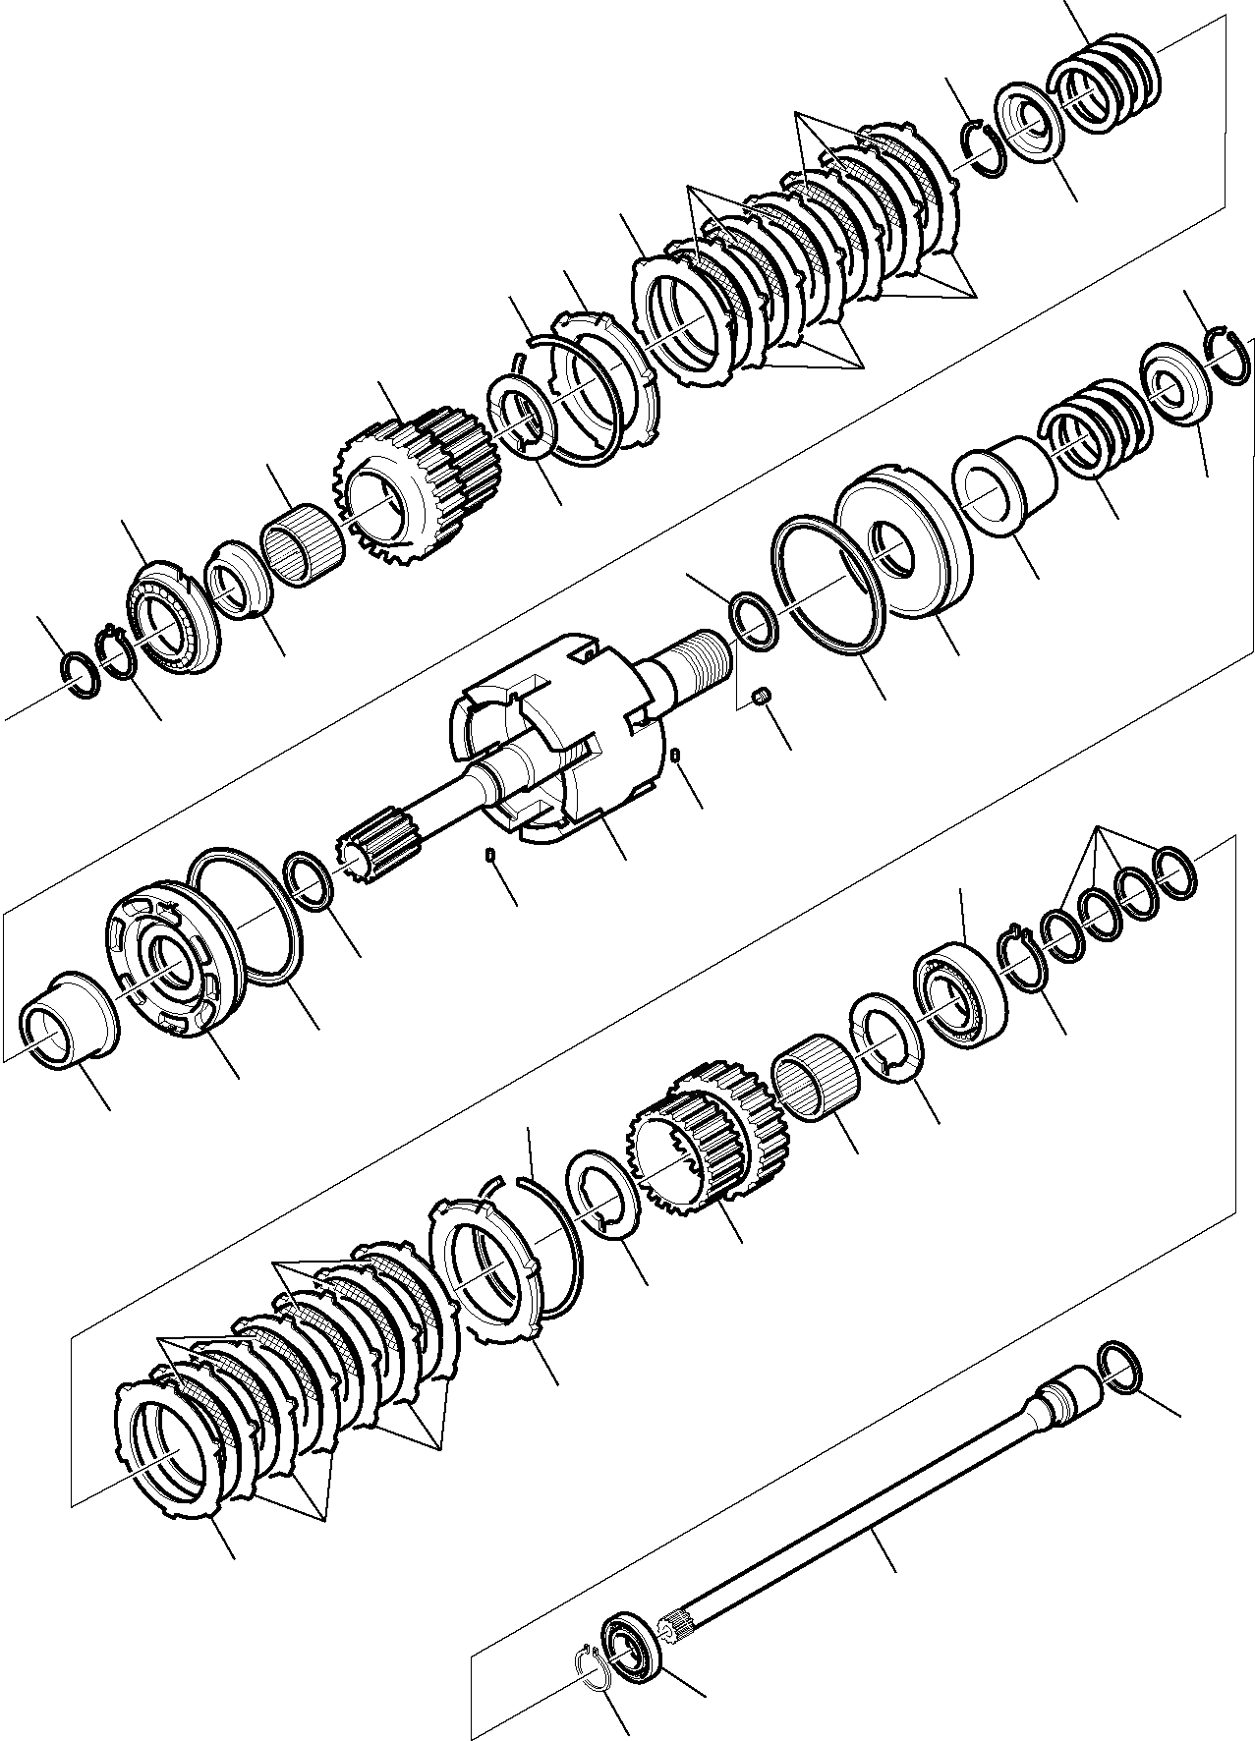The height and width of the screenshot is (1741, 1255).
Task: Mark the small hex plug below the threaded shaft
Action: (760, 698)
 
